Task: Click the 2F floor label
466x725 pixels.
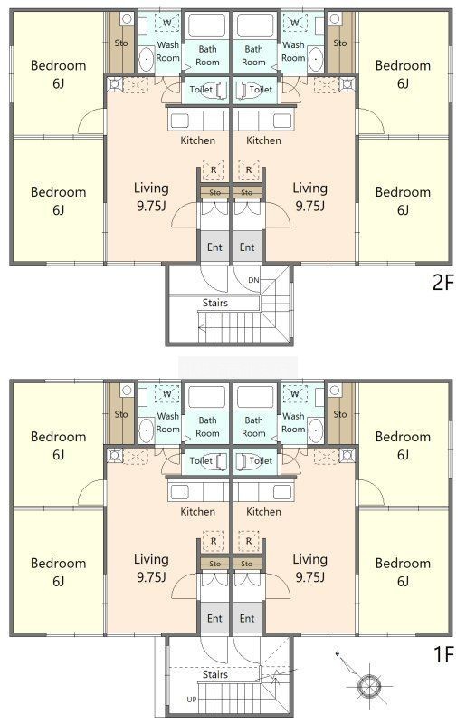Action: coord(443,282)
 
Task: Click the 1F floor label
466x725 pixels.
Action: coord(443,654)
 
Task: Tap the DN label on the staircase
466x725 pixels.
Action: coord(253,280)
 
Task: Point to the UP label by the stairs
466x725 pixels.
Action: coord(192,700)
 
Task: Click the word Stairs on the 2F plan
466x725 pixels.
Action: coord(214,303)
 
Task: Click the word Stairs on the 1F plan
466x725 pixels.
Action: coord(214,674)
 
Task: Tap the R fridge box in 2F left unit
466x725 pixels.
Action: coord(214,170)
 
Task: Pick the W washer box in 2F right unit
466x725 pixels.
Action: coord(295,22)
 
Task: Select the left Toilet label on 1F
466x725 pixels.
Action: coord(201,460)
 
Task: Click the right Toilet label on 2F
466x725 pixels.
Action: coord(261,89)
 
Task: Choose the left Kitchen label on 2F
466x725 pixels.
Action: coord(197,140)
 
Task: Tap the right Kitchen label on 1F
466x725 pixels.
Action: coord(263,512)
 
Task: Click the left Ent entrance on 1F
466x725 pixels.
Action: coord(214,619)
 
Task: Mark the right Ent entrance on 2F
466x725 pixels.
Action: coord(247,246)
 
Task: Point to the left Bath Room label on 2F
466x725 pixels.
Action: coord(207,55)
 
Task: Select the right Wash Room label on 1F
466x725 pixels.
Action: coord(293,422)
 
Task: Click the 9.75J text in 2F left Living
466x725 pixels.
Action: coord(151,206)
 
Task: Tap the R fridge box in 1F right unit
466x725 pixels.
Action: coord(249,541)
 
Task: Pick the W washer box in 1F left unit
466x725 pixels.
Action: coord(166,393)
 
